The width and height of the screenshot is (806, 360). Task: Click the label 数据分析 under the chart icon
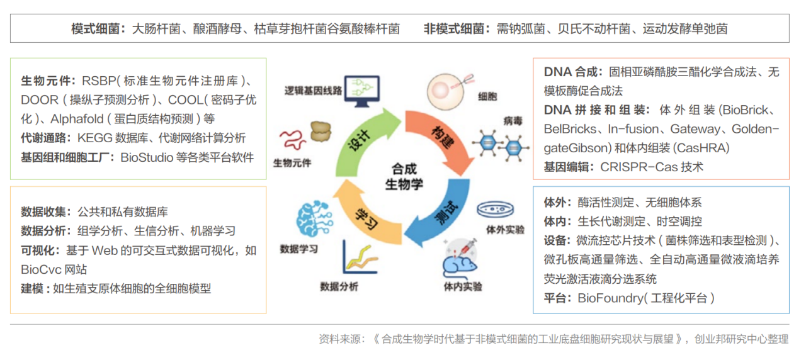(x=339, y=286)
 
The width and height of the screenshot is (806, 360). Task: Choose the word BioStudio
(x=147, y=157)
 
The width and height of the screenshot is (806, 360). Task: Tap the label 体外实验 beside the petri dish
(x=506, y=230)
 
